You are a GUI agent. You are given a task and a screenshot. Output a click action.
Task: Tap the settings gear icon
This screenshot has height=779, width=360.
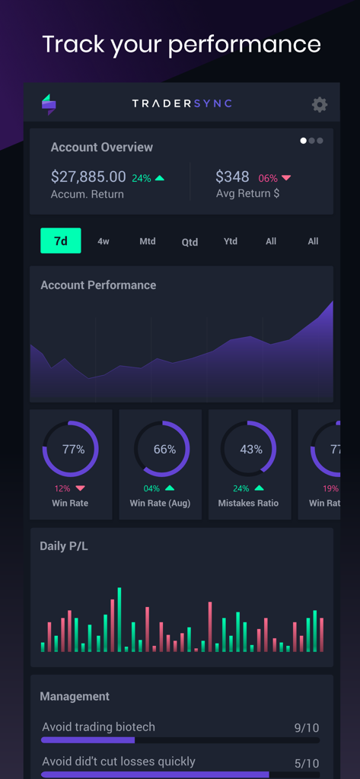320,105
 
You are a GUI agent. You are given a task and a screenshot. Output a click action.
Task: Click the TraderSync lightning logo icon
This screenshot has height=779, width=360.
49,104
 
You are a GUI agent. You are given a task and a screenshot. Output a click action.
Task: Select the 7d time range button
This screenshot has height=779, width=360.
61,241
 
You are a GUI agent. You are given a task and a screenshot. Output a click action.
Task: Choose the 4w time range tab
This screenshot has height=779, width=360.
104,241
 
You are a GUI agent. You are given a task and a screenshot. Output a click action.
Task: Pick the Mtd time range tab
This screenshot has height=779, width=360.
148,241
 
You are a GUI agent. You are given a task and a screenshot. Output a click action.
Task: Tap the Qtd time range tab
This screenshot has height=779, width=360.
190,242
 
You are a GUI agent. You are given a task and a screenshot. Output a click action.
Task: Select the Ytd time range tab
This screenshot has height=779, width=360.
231,241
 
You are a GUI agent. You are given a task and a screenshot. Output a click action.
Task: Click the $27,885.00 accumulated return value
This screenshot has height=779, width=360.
88,177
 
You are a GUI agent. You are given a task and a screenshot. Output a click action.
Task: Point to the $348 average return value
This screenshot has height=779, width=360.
232,177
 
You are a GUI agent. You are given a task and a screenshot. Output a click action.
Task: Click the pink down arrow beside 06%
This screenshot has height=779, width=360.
286,178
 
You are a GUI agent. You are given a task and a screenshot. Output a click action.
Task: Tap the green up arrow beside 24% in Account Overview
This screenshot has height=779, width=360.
160,178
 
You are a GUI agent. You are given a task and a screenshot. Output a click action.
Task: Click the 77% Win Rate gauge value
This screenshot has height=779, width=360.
74,450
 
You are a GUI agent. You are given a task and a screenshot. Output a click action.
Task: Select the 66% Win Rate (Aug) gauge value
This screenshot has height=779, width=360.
164,450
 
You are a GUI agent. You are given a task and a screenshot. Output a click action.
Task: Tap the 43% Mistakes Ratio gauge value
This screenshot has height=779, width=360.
251,450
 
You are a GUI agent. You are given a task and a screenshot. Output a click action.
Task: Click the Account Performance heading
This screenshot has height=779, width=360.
98,285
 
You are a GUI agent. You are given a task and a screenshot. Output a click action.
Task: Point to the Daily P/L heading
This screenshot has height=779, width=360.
64,545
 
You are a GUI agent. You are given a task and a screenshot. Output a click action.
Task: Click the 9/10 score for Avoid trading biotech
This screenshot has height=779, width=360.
307,728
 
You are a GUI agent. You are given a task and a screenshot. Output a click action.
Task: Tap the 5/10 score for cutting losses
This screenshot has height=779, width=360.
307,763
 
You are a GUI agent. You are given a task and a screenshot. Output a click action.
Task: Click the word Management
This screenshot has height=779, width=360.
75,696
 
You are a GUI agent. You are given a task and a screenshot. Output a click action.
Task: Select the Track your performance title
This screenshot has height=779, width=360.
181,43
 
